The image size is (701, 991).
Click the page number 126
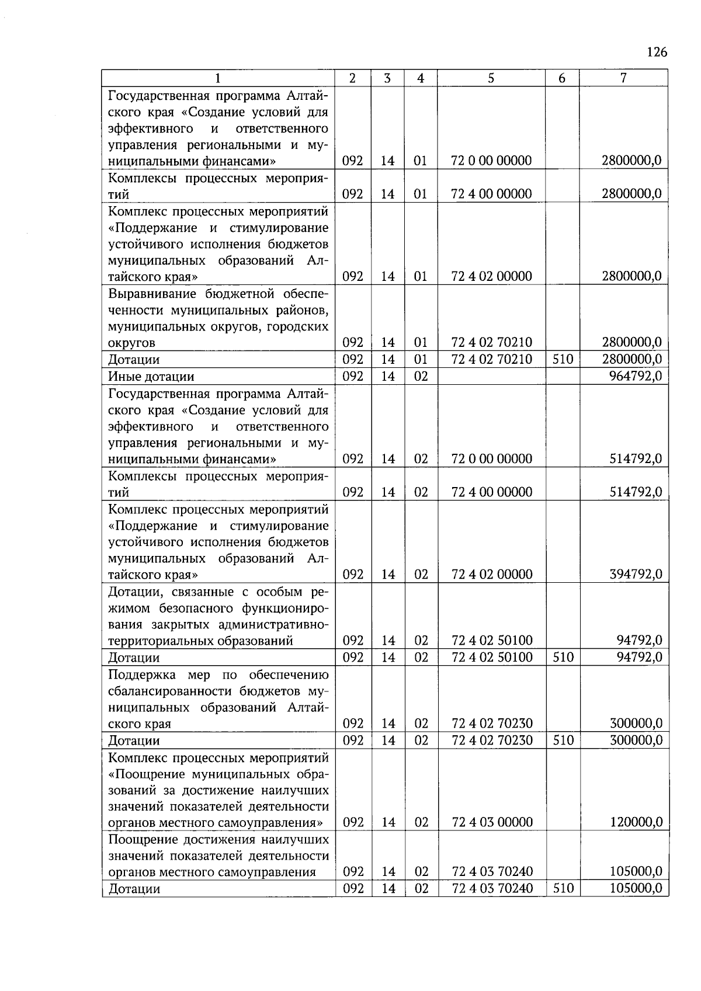(x=657, y=53)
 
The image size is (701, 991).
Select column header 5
(x=491, y=78)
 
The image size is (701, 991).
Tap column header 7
(x=623, y=78)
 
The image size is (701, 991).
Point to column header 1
(x=218, y=78)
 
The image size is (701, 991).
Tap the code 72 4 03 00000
(x=492, y=823)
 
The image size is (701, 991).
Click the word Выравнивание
(x=153, y=293)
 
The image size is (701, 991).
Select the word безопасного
(x=194, y=608)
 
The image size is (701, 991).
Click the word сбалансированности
(x=171, y=691)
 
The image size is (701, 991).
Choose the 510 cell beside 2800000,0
(x=562, y=359)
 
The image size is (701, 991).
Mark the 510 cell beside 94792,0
(x=562, y=658)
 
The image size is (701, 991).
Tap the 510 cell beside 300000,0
(x=562, y=740)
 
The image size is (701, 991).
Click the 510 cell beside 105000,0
(x=562, y=889)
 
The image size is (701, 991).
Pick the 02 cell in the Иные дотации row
(x=421, y=376)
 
